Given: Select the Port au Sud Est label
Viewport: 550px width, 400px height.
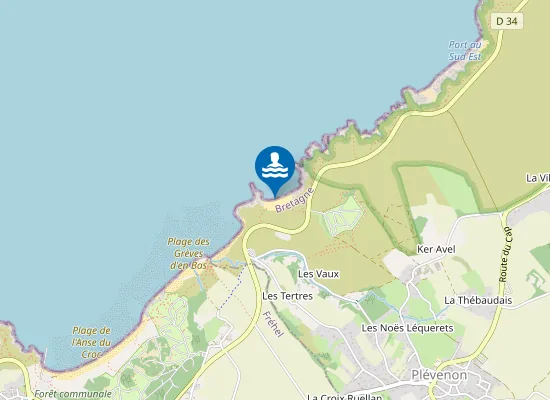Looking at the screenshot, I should point(465,50).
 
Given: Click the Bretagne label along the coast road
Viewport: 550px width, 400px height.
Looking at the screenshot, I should point(294,195).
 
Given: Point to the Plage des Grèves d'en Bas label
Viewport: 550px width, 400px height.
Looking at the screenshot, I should point(188,253).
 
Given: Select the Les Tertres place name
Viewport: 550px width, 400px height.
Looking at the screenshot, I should point(287,296).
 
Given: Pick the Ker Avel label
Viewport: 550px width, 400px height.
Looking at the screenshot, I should point(436,249).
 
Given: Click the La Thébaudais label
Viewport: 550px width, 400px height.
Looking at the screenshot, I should point(478,300).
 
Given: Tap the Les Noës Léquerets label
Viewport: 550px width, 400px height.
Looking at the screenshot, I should point(407,327).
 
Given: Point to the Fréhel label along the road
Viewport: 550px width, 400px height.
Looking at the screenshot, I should point(271,324).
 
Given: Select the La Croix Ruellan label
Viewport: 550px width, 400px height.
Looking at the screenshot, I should point(345,396).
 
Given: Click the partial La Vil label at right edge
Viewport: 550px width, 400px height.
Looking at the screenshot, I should point(538,178).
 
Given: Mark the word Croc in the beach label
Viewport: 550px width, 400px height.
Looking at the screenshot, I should point(91,354).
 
